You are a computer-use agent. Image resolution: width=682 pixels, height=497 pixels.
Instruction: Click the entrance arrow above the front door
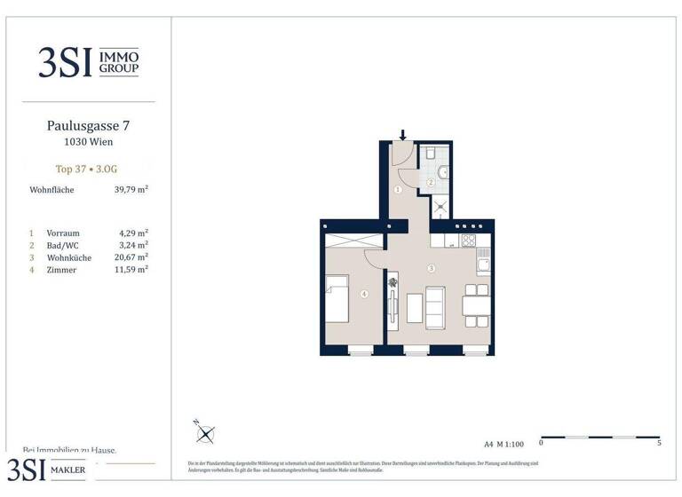[402, 136]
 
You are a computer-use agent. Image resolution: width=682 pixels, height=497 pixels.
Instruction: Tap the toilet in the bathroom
[429, 154]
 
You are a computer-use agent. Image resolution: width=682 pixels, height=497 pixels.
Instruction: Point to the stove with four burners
[468, 240]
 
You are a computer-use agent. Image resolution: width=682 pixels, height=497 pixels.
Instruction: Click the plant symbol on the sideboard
[393, 284]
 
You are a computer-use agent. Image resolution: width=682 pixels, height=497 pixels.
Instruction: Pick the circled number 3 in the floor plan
[430, 269]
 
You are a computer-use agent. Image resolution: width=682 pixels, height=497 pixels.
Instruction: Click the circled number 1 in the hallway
[399, 190]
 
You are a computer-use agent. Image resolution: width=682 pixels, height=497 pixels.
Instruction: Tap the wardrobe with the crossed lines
[353, 241]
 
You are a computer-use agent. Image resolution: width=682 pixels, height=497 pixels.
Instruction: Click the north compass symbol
[205, 433]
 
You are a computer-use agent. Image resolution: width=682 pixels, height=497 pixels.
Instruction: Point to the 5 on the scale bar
[659, 442]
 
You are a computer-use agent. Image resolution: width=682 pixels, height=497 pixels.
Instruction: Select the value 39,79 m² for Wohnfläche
[129, 189]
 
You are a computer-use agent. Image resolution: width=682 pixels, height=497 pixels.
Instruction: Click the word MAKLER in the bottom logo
[74, 469]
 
